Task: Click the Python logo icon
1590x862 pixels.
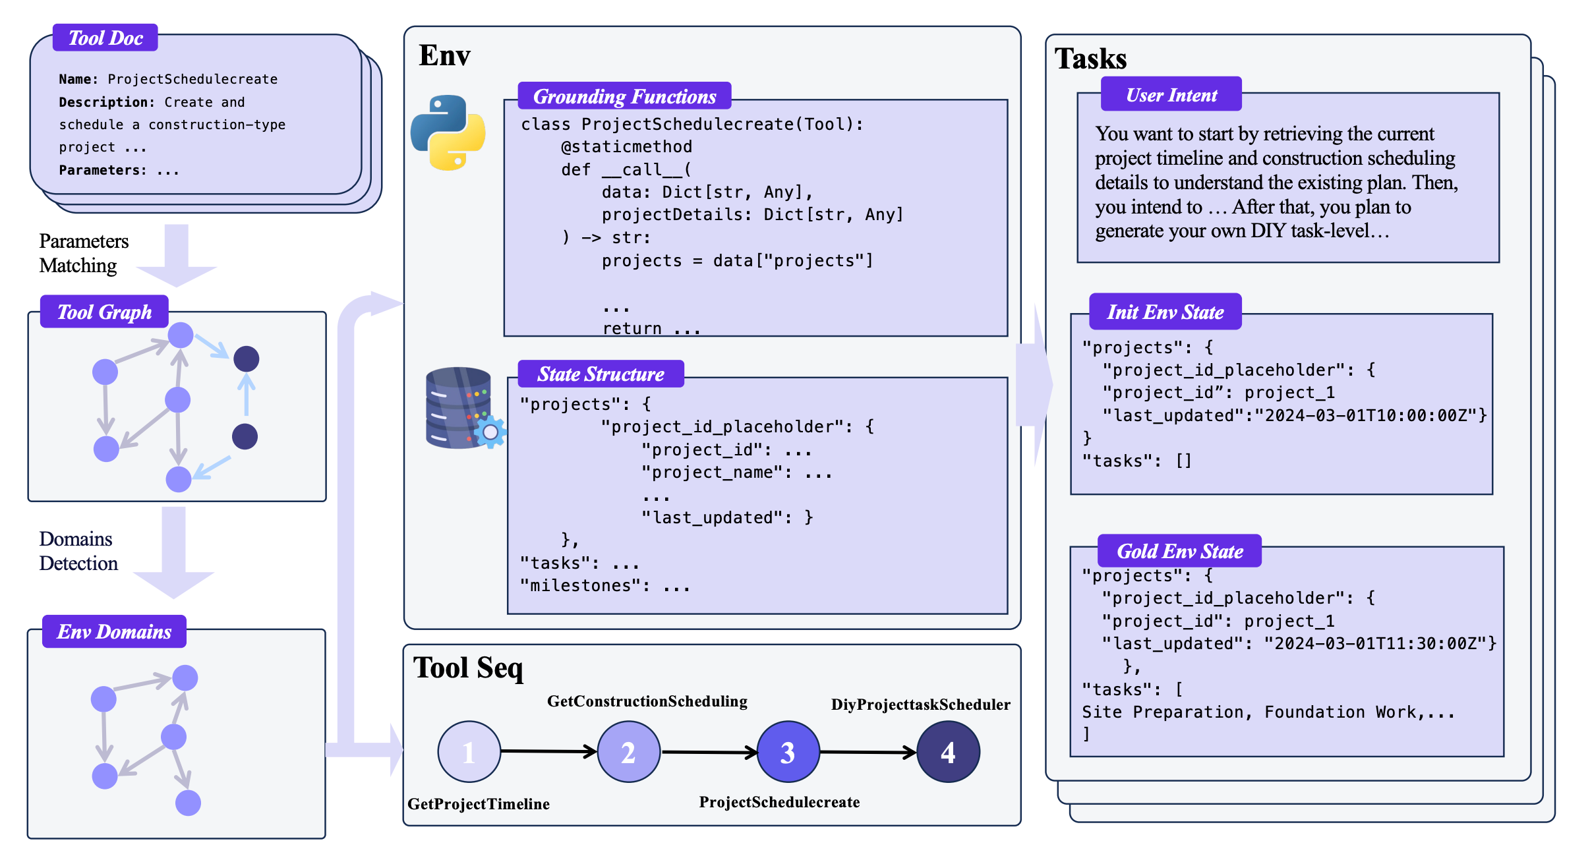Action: tap(448, 132)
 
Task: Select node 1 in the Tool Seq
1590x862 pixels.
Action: tap(469, 752)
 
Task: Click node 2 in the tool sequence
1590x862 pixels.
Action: tap(628, 752)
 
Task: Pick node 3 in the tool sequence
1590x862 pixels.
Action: tap(788, 752)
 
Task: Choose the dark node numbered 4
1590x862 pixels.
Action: tap(948, 752)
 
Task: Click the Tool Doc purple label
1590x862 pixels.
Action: tap(105, 38)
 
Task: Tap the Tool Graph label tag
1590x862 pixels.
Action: tap(104, 312)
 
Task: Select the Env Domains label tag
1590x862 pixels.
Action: tap(114, 631)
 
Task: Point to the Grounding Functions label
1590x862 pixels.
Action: tap(624, 96)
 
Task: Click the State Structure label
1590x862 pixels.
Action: tap(601, 374)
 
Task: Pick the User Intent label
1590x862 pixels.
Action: tap(1171, 95)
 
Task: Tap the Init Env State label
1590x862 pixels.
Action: tap(1165, 312)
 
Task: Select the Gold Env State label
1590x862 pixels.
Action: tap(1179, 551)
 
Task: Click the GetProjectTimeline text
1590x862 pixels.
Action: tap(479, 804)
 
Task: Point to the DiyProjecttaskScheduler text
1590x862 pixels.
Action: tap(920, 704)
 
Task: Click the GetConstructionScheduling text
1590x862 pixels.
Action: tap(647, 701)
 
